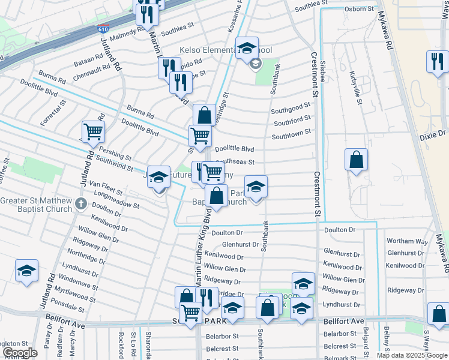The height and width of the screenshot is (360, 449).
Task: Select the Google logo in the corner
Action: point(20,353)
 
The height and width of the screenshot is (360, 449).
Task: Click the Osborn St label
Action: point(360,8)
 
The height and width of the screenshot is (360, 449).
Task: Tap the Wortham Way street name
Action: point(408,241)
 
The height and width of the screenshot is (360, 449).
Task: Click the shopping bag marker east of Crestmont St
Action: point(357,160)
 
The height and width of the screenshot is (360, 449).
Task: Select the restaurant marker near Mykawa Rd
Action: point(437,61)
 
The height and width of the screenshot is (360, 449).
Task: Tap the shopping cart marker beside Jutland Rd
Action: point(93,131)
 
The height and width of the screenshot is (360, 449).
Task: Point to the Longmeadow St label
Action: point(120,200)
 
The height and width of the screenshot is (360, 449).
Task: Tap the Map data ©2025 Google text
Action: point(412,355)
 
